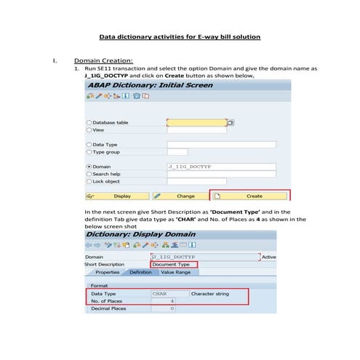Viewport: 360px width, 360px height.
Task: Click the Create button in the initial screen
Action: pyautogui.click(x=249, y=196)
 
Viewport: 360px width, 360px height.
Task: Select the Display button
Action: pyautogui.click(x=116, y=196)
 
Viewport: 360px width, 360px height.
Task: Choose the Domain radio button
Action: pyautogui.click(x=89, y=167)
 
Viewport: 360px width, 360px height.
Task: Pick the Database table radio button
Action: pyautogui.click(x=89, y=123)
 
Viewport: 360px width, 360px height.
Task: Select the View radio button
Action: pyautogui.click(x=89, y=130)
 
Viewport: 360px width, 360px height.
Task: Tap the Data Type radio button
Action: pyautogui.click(x=89, y=145)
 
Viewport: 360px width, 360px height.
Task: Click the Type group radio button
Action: pyautogui.click(x=89, y=152)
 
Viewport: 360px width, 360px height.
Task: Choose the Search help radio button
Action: pyautogui.click(x=89, y=174)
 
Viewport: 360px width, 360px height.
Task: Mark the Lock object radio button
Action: pyautogui.click(x=89, y=181)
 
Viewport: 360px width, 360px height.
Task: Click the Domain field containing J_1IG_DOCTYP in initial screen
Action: pyautogui.click(x=221, y=167)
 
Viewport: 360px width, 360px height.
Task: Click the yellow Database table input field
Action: pyautogui.click(x=196, y=123)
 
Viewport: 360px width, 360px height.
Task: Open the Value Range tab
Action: pyautogui.click(x=175, y=272)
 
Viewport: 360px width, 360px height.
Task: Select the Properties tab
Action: pyautogui.click(x=107, y=272)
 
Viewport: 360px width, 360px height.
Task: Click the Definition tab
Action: pyautogui.click(x=140, y=272)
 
